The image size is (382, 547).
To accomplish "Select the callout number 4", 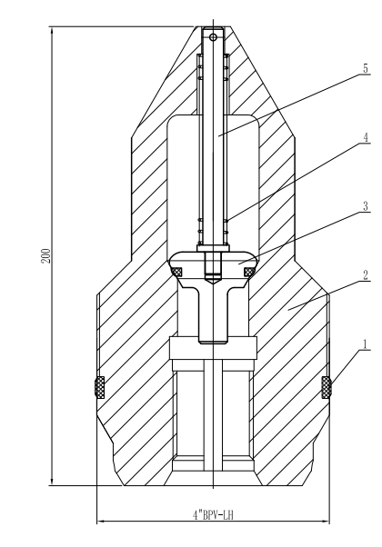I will click(365, 139).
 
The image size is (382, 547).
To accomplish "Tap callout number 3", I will click(365, 207).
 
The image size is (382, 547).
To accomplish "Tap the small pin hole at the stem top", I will click(215, 38).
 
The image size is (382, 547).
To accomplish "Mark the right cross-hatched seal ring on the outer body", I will click(327, 387).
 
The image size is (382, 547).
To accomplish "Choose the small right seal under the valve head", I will click(249, 270).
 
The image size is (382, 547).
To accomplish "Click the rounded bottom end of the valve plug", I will click(215, 341).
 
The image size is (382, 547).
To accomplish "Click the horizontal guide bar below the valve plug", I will click(215, 346).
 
